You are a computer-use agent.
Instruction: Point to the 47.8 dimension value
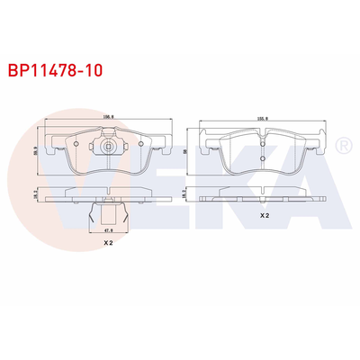[x=107, y=231]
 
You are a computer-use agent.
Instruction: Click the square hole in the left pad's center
[x=109, y=147]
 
